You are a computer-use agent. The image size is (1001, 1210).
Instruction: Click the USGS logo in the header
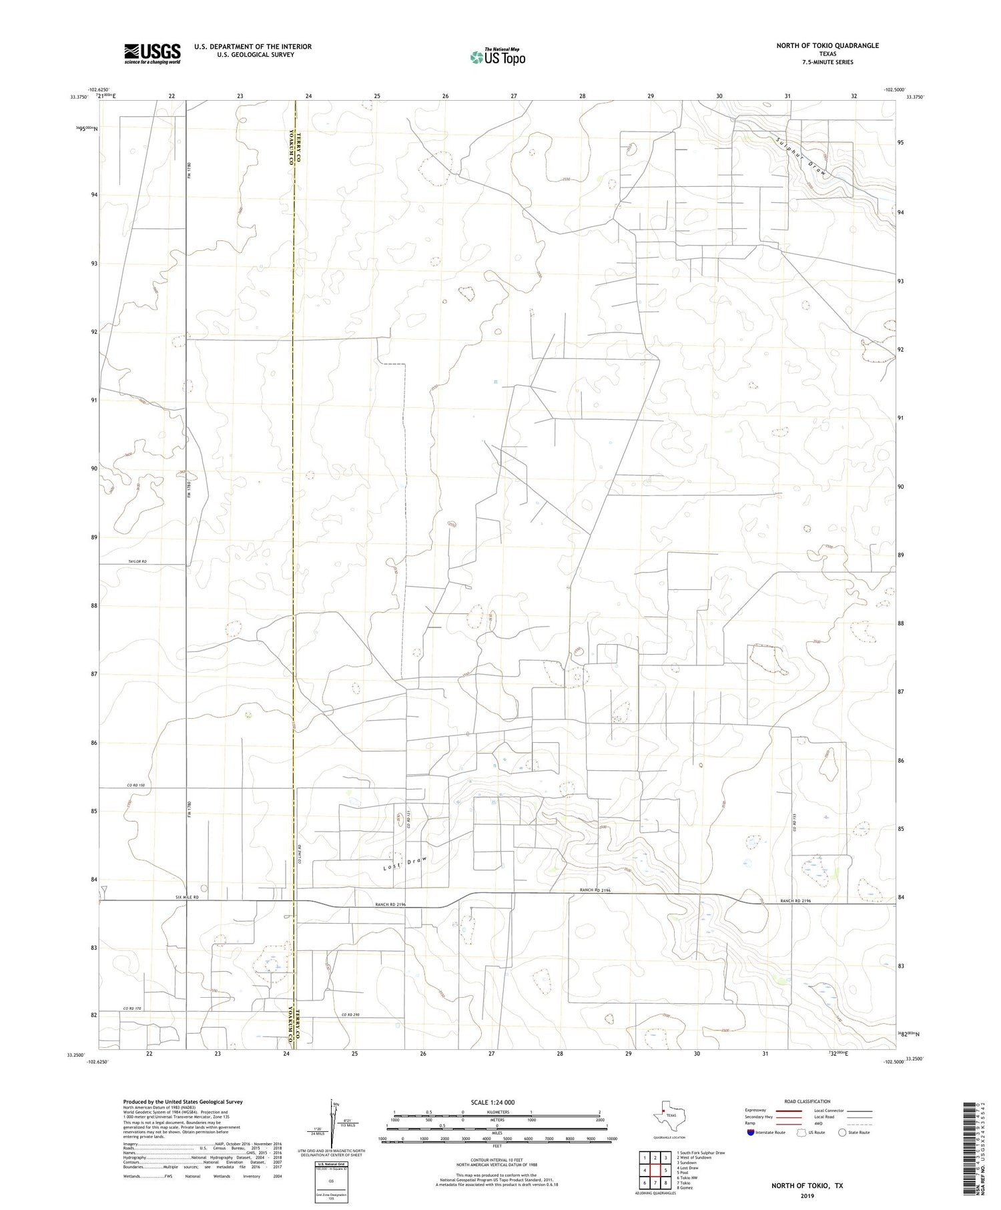[x=152, y=53]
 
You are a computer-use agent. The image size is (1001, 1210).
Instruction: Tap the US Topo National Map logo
[x=497, y=57]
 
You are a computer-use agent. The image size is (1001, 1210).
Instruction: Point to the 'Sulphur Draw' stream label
[x=804, y=158]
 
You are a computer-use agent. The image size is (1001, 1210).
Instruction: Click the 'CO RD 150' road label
[x=137, y=785]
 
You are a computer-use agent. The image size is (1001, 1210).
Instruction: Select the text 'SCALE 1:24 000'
[x=496, y=1103]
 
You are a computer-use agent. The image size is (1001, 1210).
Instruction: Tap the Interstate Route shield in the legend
[x=751, y=1133]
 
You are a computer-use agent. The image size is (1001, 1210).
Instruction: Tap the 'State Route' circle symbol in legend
[x=842, y=1133]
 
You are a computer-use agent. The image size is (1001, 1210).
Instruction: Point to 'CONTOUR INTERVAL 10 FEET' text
[x=496, y=1161]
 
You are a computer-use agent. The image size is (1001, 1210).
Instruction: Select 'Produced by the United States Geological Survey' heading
[x=183, y=1102]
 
